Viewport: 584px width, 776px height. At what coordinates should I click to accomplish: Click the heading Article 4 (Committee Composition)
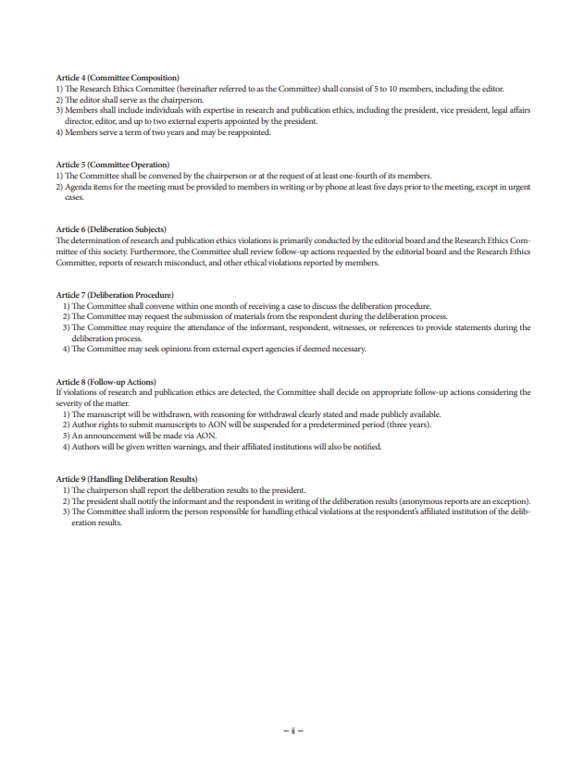(118, 77)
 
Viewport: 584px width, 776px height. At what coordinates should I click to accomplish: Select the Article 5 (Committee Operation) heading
(113, 165)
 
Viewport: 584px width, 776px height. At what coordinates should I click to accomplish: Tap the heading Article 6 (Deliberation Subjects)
(111, 228)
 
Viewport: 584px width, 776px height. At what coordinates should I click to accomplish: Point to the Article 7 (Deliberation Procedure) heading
(115, 294)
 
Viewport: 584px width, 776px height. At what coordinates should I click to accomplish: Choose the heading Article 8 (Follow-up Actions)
(106, 381)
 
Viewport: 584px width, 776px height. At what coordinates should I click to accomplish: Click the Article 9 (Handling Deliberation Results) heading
(127, 478)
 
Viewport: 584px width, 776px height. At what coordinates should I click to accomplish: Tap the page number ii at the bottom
(292, 731)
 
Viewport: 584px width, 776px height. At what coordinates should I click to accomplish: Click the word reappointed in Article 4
(251, 132)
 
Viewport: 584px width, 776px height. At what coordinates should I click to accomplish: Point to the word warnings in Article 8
(207, 447)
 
